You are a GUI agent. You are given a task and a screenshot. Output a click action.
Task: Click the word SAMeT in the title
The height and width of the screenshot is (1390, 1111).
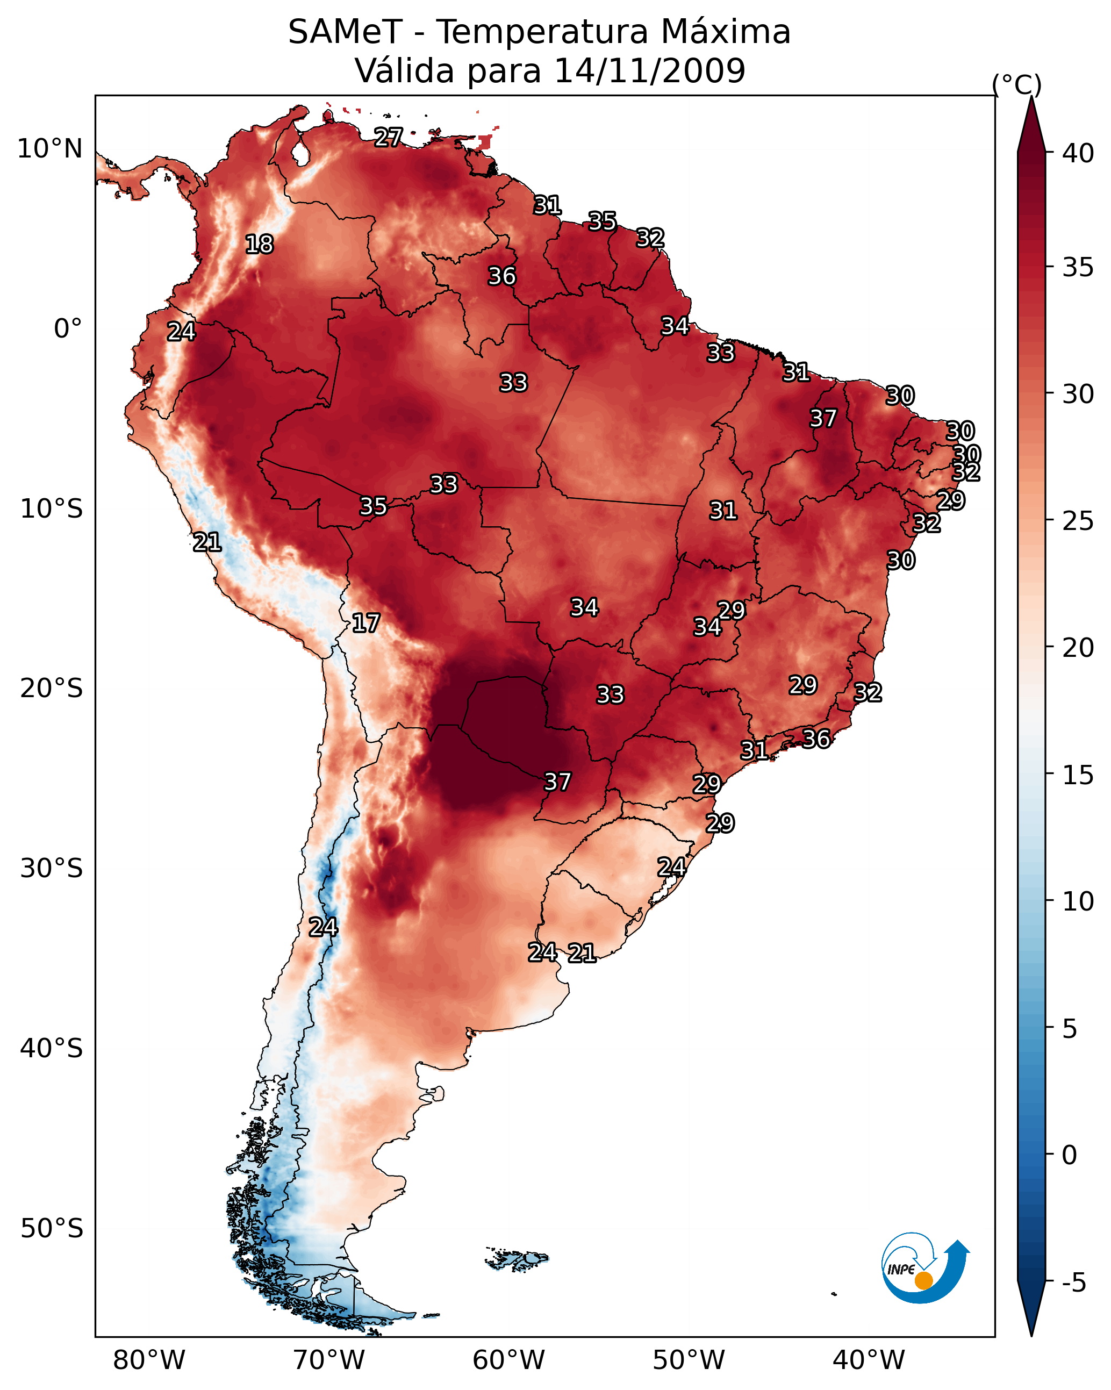pos(345,32)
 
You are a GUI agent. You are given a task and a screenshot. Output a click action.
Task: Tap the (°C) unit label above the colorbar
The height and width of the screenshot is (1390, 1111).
pos(1016,84)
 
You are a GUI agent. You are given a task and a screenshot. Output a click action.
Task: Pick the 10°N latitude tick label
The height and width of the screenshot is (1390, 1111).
pos(49,149)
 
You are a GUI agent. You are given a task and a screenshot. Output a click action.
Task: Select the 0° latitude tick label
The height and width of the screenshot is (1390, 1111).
pos(68,329)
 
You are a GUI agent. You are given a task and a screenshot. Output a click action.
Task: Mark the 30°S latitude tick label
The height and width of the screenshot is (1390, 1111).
pos(52,869)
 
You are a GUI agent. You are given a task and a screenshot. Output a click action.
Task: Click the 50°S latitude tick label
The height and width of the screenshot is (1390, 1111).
pos(52,1228)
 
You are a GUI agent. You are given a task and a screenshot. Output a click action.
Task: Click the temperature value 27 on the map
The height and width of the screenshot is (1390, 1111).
pos(389,137)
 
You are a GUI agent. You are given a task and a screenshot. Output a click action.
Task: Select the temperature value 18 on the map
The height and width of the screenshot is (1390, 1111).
pos(259,245)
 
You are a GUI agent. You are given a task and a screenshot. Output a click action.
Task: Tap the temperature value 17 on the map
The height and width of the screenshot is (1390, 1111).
pos(365,624)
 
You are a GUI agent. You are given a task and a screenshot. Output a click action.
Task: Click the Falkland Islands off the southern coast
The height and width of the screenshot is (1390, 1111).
pos(517,1259)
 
